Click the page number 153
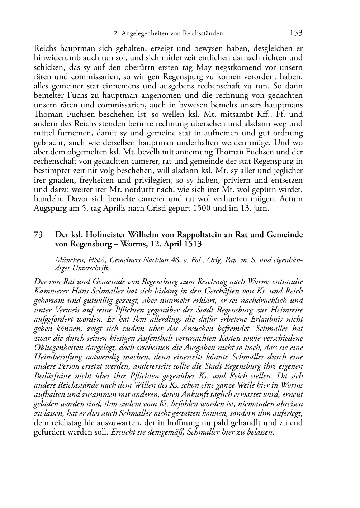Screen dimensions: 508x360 point(296,33)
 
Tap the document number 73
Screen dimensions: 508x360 point(38,235)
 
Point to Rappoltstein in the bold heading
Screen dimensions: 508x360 point(199,235)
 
